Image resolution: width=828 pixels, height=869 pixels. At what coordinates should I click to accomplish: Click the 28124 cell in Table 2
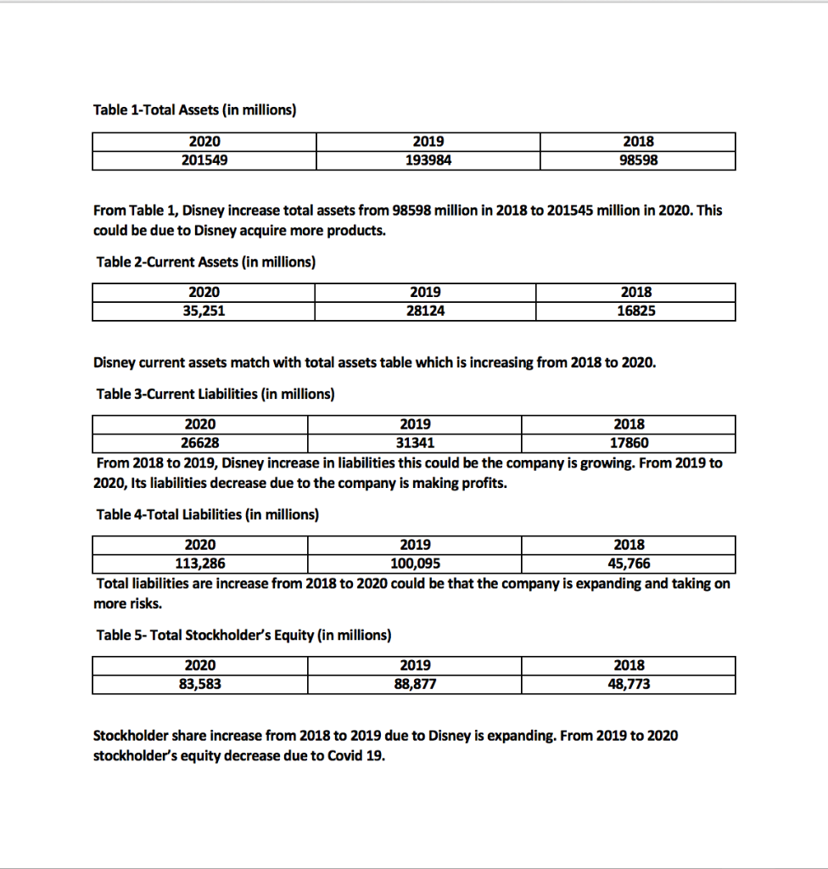tap(425, 311)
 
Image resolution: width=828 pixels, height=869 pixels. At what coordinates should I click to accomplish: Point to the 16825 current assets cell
tap(636, 311)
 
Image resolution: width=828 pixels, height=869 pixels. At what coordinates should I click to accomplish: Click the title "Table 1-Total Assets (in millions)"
tap(193, 110)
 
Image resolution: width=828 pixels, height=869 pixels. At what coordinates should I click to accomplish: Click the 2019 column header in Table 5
tap(415, 665)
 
